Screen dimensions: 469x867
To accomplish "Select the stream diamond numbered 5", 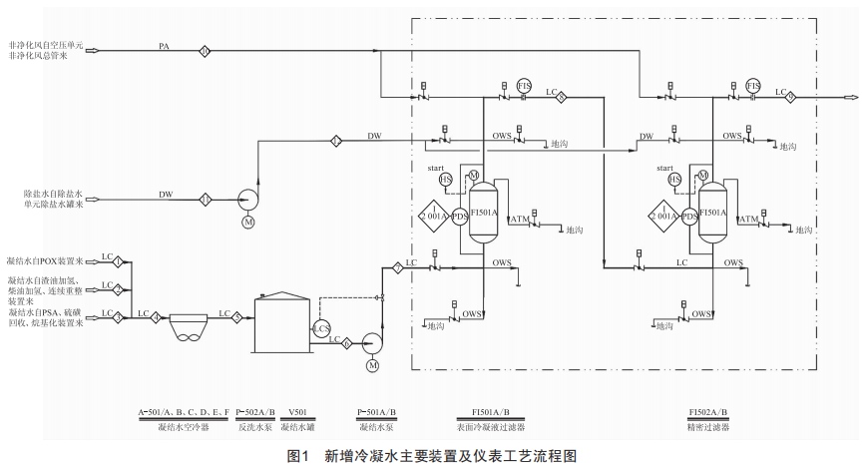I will click(x=237, y=317).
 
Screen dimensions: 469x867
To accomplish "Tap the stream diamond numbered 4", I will click(x=156, y=317).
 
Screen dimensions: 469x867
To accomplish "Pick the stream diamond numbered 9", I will click(x=791, y=97).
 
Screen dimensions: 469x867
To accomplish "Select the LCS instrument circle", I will click(x=322, y=328).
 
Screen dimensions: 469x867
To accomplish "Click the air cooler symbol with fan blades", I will click(x=191, y=326).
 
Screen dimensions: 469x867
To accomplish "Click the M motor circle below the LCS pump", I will click(x=372, y=366).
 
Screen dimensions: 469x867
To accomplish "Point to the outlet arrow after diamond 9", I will click(x=850, y=97).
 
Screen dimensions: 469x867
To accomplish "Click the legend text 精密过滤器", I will click(x=708, y=426).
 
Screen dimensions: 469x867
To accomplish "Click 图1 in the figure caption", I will click(x=300, y=455).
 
